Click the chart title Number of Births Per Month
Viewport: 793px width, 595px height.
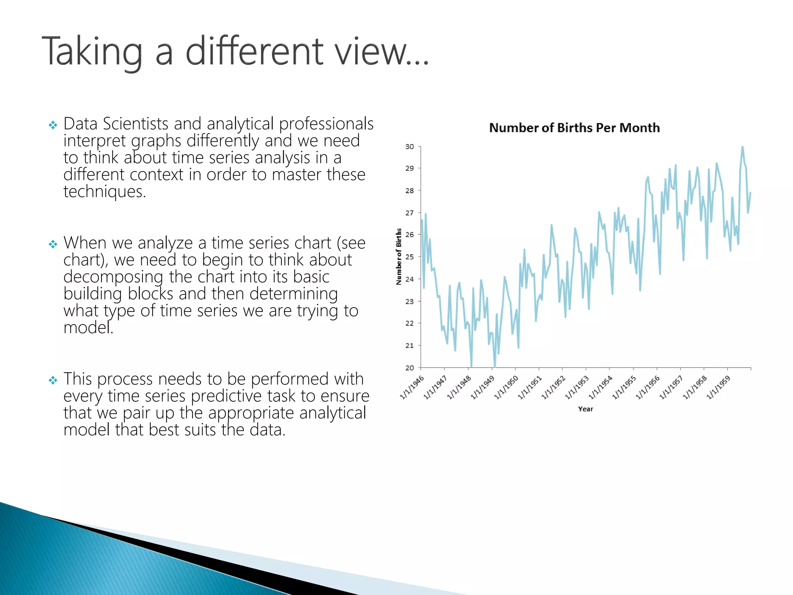pyautogui.click(x=574, y=128)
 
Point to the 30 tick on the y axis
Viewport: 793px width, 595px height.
pyautogui.click(x=409, y=146)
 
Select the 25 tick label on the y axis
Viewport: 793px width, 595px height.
pyautogui.click(x=409, y=257)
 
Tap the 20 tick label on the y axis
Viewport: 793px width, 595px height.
pyautogui.click(x=409, y=368)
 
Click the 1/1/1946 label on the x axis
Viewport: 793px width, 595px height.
pyautogui.click(x=412, y=387)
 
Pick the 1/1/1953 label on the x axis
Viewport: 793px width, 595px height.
pyautogui.click(x=577, y=387)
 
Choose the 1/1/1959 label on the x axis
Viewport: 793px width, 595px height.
pyautogui.click(x=719, y=387)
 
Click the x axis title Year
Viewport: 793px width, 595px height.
pyautogui.click(x=585, y=409)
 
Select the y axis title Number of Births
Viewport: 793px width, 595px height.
pyautogui.click(x=399, y=256)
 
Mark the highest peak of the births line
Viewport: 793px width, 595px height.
pyautogui.click(x=742, y=147)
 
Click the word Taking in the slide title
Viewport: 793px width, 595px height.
pyautogui.click(x=92, y=52)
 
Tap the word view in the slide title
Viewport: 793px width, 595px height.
pyautogui.click(x=372, y=52)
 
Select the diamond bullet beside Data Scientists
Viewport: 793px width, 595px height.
pyautogui.click(x=53, y=125)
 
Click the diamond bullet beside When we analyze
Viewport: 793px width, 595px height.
pyautogui.click(x=53, y=244)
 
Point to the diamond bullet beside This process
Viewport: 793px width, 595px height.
pyautogui.click(x=53, y=380)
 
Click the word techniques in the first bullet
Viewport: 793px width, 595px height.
pyautogui.click(x=105, y=192)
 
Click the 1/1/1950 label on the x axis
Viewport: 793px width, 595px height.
pyautogui.click(x=506, y=387)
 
